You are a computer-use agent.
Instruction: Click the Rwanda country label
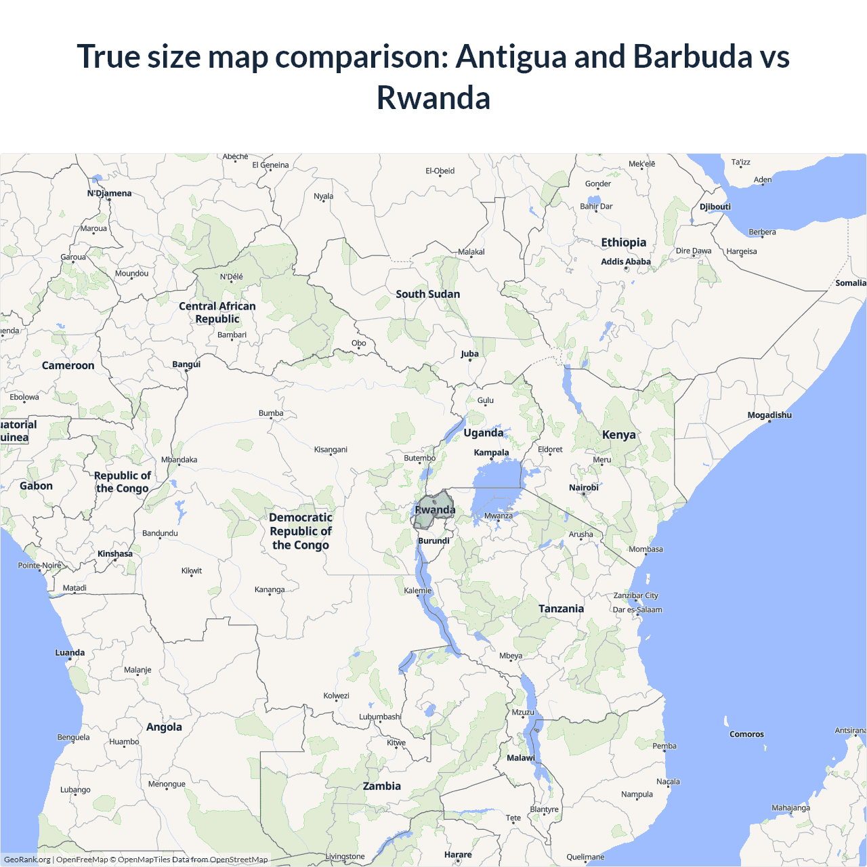click(x=435, y=510)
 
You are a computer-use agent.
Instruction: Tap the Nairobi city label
click(x=584, y=488)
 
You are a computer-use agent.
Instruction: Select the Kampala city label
click(x=491, y=452)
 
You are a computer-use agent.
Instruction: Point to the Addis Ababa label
click(x=626, y=261)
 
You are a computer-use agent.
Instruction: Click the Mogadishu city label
click(x=769, y=415)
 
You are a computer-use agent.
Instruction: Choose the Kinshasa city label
click(x=115, y=554)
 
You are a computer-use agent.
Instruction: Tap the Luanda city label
click(x=70, y=653)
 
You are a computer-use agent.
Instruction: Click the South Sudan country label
click(x=428, y=294)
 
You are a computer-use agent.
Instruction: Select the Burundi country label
click(x=433, y=541)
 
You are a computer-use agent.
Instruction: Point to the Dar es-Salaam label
click(x=637, y=610)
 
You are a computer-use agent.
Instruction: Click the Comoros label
click(x=746, y=734)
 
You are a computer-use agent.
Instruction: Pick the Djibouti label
click(x=715, y=207)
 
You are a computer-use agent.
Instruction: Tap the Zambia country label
click(x=382, y=786)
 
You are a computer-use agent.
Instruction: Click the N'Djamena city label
click(x=110, y=193)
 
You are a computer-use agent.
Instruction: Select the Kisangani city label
click(x=331, y=450)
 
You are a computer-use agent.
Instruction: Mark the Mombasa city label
click(x=646, y=549)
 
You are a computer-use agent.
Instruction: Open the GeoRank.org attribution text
click(x=27, y=860)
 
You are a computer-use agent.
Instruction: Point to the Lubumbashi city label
click(x=380, y=717)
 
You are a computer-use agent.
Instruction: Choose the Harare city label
click(x=458, y=855)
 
